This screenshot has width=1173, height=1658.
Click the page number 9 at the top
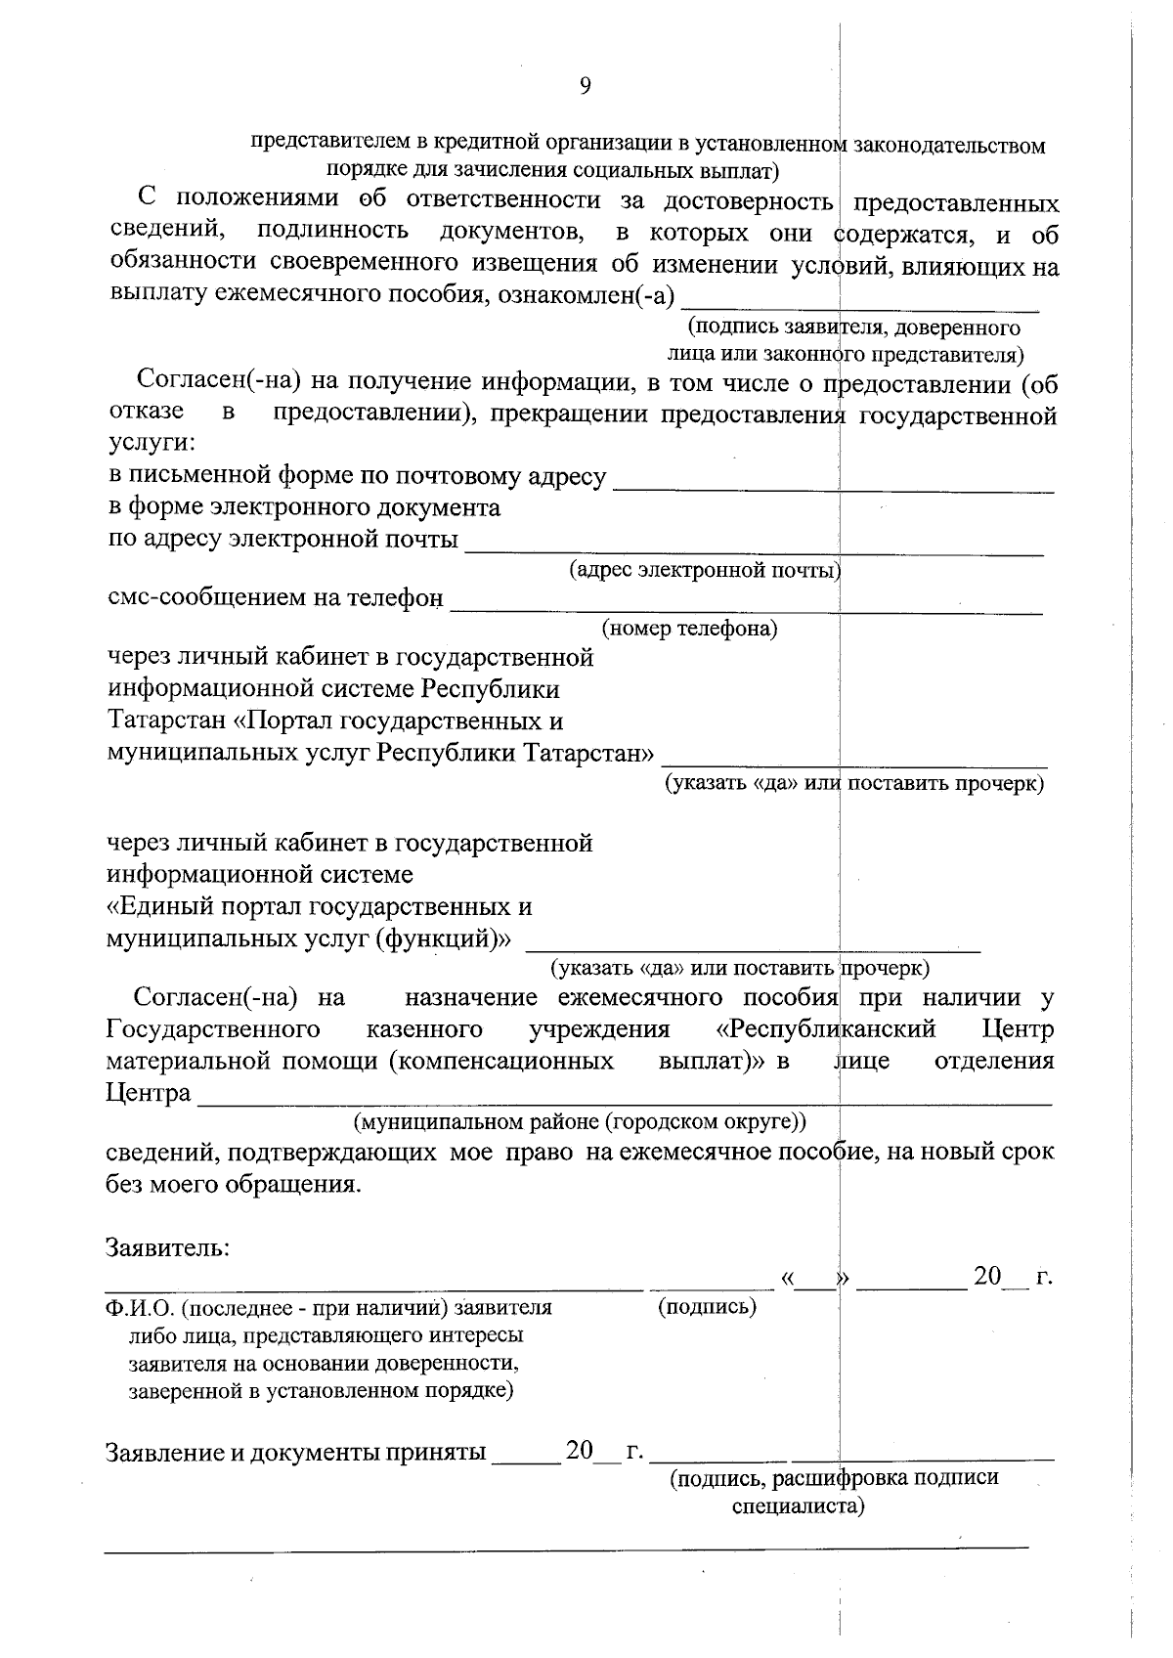[585, 86]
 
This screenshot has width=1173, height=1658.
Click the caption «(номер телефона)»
[689, 628]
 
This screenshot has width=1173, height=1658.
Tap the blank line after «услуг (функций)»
[753, 945]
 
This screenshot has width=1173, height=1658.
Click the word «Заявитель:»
[167, 1248]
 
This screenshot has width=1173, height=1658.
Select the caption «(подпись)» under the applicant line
[708, 1307]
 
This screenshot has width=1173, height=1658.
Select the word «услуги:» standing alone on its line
[151, 444]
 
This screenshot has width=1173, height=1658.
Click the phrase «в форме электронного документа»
[303, 507]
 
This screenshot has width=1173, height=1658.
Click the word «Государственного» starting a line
[213, 1029]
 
